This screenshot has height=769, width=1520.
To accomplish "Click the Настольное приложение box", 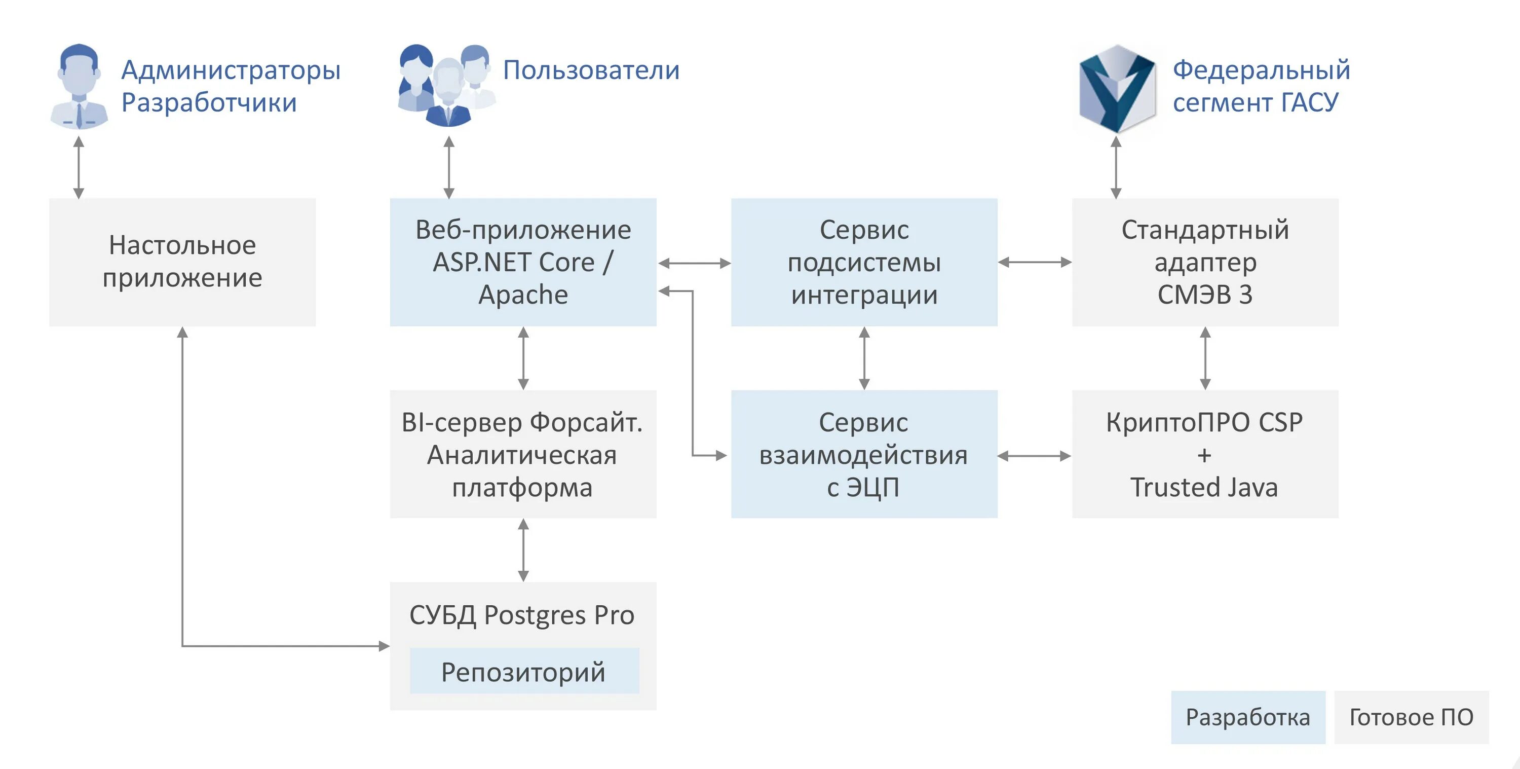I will point(182,262).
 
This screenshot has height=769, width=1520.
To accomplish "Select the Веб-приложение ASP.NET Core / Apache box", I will point(523,262).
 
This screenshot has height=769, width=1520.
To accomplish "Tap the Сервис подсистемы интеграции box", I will point(864,262).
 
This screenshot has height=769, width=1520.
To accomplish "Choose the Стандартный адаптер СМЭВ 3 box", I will point(1205,262).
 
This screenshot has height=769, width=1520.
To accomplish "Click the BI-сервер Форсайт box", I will point(523,454).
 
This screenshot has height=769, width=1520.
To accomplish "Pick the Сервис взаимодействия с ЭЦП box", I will point(864,454).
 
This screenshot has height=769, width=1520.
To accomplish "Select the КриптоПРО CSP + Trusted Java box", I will point(1205,454).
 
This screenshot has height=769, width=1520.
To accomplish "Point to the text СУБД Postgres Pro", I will point(522,615).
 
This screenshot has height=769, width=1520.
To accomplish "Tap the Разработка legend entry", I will point(1248,717).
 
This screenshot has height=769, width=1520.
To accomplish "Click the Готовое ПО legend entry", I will point(1412,717).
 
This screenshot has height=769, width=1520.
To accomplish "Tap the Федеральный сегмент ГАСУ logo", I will point(1116,89).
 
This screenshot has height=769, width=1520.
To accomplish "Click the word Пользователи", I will point(591,70).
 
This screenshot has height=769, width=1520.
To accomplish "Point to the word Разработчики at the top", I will point(209,103).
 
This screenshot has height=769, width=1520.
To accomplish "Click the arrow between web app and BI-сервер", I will point(523,358).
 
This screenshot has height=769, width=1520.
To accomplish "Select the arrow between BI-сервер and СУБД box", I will point(523,550).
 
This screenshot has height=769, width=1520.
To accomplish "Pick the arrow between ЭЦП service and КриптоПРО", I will point(1035,456).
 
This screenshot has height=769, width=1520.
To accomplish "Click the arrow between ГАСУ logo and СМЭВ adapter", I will point(1116,168).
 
